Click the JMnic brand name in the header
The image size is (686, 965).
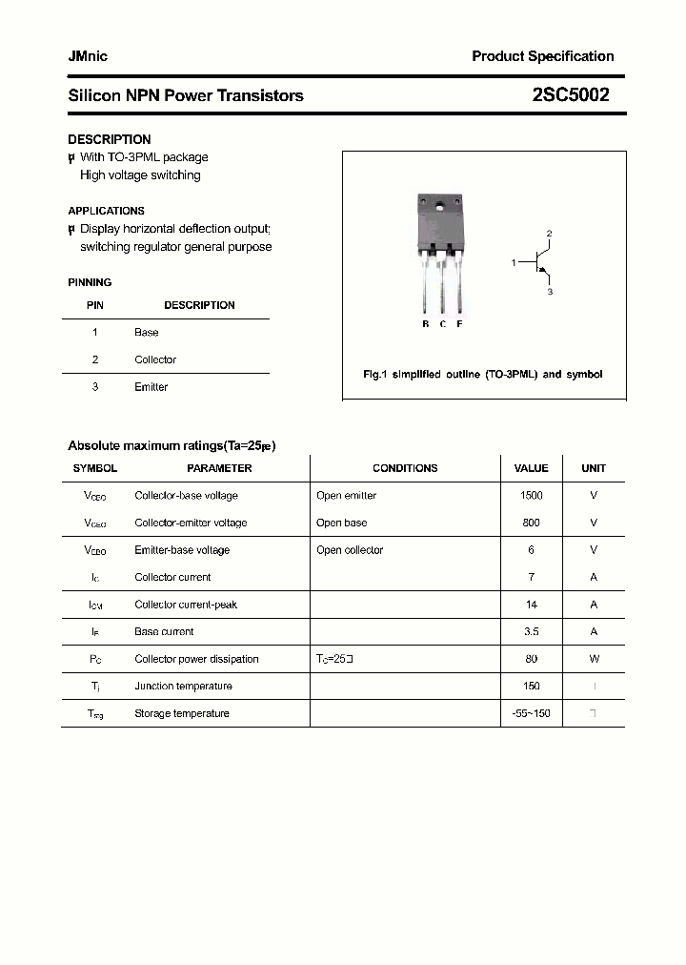point(88,56)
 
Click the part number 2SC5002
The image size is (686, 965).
point(571,95)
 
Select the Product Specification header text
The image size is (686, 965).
point(543,56)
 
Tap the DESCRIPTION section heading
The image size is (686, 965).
point(110,139)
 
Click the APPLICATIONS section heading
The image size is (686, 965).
point(106,211)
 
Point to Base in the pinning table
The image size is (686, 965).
point(147,333)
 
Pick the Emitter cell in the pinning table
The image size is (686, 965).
point(151,387)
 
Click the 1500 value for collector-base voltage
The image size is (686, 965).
point(532,496)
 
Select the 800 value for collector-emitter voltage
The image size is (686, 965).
point(532,523)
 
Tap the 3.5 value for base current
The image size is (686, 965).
point(532,631)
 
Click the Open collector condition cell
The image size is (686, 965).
point(350,550)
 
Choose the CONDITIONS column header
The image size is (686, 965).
point(405,468)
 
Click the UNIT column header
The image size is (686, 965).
point(594,468)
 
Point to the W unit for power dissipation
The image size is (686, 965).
point(594,659)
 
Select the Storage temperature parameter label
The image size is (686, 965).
point(182,713)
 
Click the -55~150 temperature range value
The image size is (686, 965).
point(532,713)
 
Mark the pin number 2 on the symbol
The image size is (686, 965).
point(549,234)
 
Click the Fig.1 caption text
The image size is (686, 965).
point(483,375)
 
